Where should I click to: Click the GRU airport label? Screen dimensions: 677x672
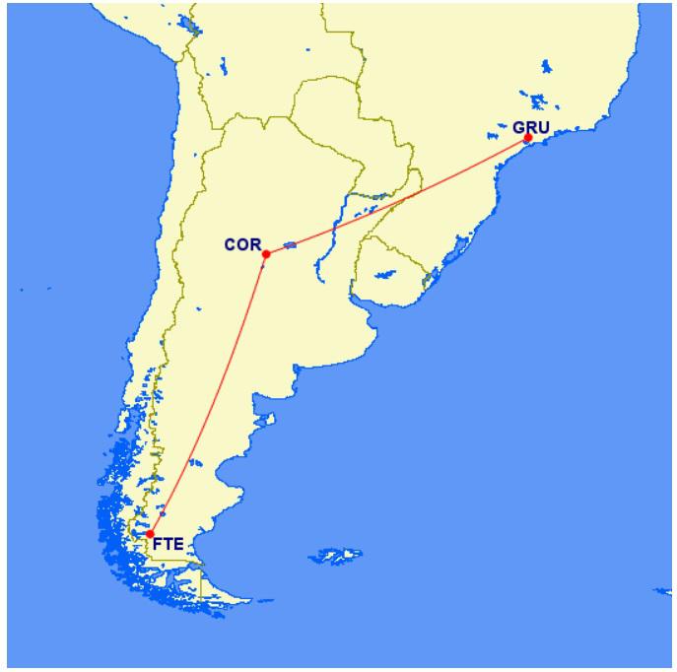click(x=531, y=127)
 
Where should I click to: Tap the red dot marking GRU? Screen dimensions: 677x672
click(x=528, y=138)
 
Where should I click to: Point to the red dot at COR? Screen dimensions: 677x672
click(x=266, y=254)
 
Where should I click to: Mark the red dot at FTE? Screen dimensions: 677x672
click(x=150, y=534)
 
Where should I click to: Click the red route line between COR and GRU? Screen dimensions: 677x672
click(x=394, y=197)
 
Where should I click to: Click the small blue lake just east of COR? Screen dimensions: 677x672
click(x=290, y=245)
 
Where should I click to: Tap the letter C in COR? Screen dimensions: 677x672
click(x=231, y=243)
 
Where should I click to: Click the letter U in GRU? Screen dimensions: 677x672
click(x=543, y=127)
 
